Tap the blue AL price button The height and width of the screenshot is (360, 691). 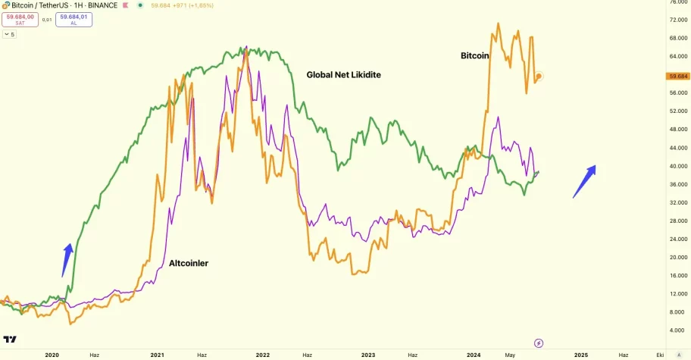[x=73, y=19]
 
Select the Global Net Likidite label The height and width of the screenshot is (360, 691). [x=343, y=75]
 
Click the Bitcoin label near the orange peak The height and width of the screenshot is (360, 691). [x=475, y=55]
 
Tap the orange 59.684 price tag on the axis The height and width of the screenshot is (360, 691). [x=677, y=77]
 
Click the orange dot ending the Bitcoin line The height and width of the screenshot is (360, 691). [x=538, y=76]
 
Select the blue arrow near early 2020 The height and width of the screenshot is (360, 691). [x=67, y=259]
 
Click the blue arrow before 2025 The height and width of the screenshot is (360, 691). [x=584, y=182]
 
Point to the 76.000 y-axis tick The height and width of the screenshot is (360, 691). [x=677, y=2]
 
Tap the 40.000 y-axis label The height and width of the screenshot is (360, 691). [x=677, y=167]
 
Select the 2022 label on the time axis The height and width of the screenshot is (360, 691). [x=262, y=354]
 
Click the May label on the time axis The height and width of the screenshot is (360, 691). [x=510, y=354]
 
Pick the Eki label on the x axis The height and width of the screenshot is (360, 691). [x=660, y=354]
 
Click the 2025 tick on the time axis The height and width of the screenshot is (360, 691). [x=580, y=354]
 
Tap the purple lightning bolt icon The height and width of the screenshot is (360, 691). [x=539, y=343]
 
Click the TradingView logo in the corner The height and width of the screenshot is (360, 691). [x=11, y=340]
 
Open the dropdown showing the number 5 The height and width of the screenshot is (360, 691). [x=10, y=34]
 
